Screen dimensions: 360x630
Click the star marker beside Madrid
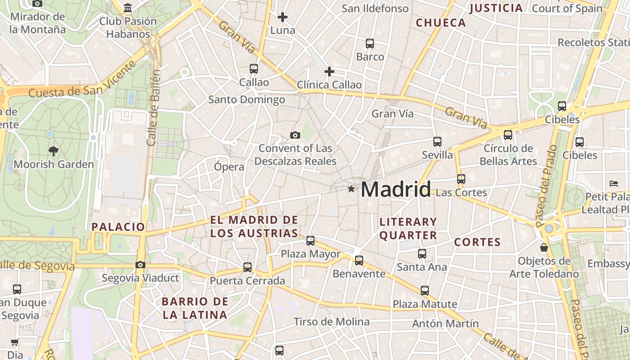click(351, 189)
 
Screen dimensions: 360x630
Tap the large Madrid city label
click(396, 189)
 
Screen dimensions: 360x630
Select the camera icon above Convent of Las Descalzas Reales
click(295, 135)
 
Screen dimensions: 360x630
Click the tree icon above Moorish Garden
click(54, 151)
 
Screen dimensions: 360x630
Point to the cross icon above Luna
click(283, 18)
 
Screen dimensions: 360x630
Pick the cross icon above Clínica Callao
click(329, 72)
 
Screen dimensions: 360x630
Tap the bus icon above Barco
click(370, 44)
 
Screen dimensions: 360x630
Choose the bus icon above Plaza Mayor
click(310, 241)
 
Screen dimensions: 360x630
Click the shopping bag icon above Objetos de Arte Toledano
click(544, 247)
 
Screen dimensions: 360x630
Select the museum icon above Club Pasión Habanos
click(128, 8)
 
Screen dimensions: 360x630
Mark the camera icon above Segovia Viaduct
click(140, 265)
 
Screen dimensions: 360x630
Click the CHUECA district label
click(441, 23)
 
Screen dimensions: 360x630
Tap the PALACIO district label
click(118, 227)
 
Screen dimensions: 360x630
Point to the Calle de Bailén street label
click(153, 108)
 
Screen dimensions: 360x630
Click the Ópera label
click(229, 167)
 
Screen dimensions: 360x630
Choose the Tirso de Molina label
click(332, 322)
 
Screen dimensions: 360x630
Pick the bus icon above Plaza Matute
click(425, 291)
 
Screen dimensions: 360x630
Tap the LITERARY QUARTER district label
click(408, 229)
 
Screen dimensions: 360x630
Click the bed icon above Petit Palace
click(614, 183)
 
